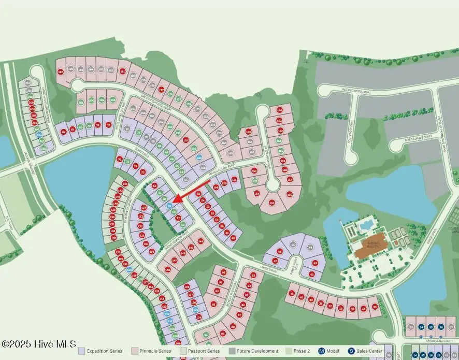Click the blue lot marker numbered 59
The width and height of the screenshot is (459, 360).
[169, 206]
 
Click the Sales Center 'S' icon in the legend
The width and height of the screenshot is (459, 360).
[351, 351]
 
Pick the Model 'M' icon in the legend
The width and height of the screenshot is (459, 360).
[321, 351]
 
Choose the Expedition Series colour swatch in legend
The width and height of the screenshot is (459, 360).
[81, 351]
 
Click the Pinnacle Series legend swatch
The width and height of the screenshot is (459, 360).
[135, 351]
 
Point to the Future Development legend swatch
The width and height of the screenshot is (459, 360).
[232, 351]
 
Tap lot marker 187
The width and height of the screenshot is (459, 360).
[61, 71]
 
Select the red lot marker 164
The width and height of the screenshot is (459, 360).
[280, 110]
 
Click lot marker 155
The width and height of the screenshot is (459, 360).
[271, 203]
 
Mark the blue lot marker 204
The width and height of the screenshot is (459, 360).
[39, 135]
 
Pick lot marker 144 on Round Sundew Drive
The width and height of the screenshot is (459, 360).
[200, 241]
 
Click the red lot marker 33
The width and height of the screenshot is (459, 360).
[375, 308]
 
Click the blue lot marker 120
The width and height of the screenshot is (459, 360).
[129, 270]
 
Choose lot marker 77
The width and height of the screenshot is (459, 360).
[109, 125]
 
